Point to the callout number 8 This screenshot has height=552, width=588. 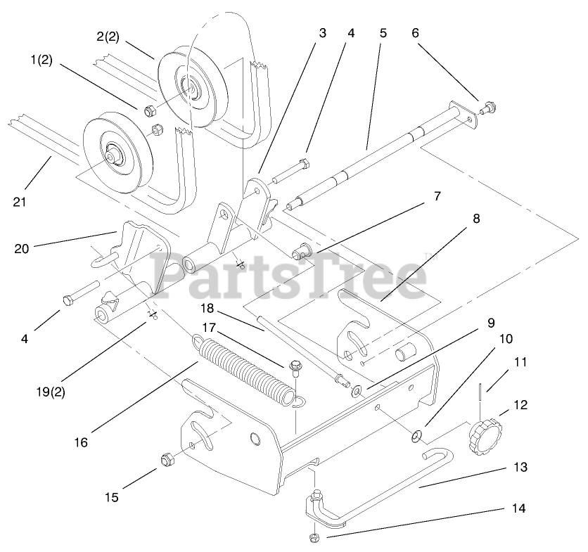pyautogui.click(x=476, y=219)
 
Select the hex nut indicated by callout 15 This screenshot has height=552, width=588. pyautogui.click(x=167, y=460)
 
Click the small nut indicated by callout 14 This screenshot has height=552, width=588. pyautogui.click(x=314, y=539)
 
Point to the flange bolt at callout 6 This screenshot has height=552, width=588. pyautogui.click(x=487, y=109)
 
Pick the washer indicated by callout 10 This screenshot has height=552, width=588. pyautogui.click(x=416, y=437)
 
